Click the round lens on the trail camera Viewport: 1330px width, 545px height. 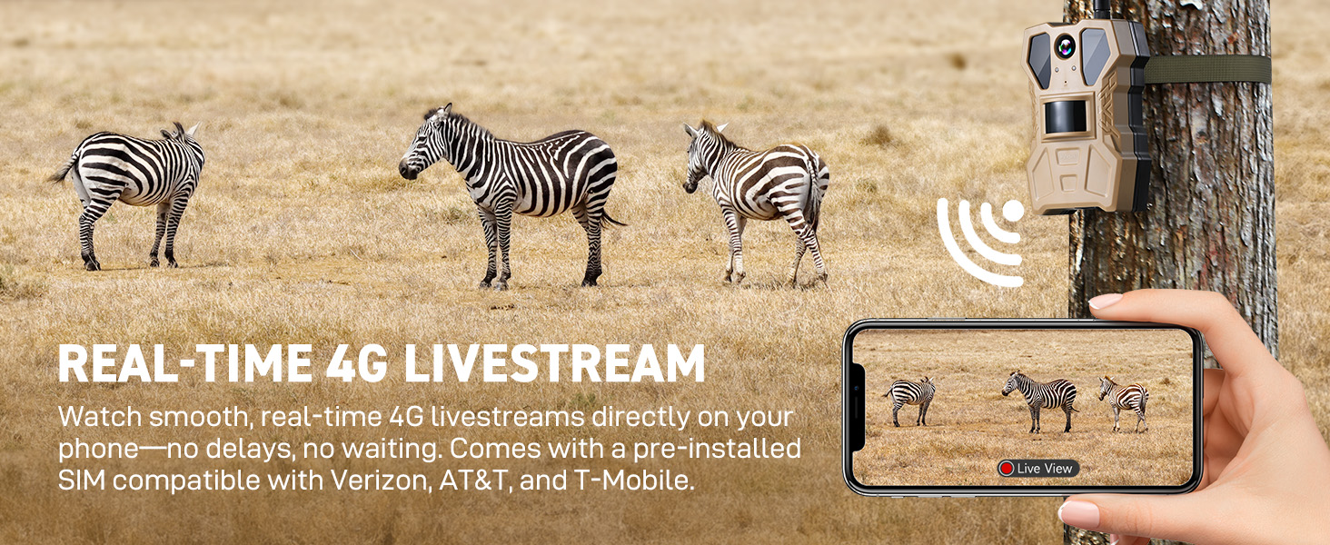1065,46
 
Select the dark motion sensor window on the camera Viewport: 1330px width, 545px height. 1066,117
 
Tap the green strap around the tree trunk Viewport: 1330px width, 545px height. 1207,70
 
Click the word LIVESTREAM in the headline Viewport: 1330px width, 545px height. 554,363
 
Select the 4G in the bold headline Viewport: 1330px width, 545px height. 356,363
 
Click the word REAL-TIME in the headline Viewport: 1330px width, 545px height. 185,363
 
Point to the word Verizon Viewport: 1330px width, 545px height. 380,480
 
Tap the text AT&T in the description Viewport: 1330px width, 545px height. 475,480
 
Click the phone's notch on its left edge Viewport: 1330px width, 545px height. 857,407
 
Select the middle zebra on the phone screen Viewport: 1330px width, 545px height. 1039,401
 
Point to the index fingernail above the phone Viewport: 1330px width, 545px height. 1106,301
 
